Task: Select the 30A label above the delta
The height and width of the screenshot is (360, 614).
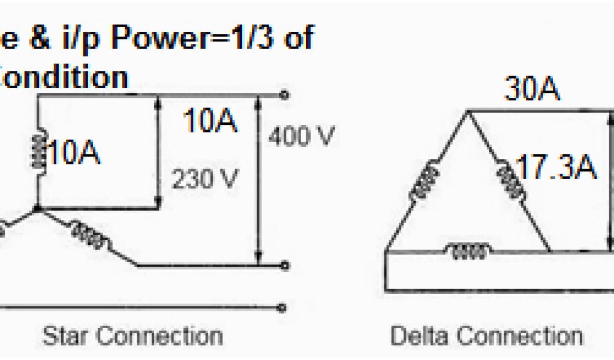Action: [x=532, y=90]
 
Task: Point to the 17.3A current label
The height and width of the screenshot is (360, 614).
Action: [x=556, y=169]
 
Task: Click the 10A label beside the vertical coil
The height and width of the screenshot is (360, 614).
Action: [x=73, y=154]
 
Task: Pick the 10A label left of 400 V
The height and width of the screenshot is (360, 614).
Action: [x=210, y=122]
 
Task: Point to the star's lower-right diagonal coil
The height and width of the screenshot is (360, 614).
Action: [x=90, y=235]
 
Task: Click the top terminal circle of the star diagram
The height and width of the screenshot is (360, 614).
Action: [x=284, y=95]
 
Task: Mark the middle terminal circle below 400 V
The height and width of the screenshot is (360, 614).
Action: [x=285, y=265]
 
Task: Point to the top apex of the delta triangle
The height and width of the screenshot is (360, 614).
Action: [x=467, y=110]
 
